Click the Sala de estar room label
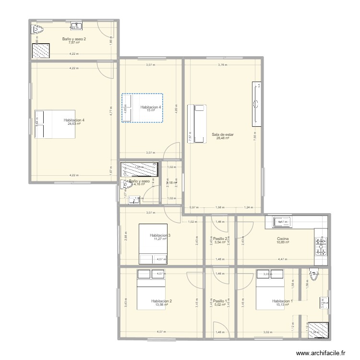click(x=222, y=135)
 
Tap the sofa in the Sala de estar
click(x=197, y=123)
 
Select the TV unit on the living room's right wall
click(x=257, y=104)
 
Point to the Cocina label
click(x=283, y=239)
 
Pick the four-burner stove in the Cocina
click(x=321, y=246)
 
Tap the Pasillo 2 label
click(x=220, y=239)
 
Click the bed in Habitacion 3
click(x=153, y=244)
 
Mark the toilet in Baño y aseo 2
click(x=37, y=30)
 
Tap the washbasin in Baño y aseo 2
click(x=77, y=26)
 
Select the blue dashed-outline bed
click(x=143, y=108)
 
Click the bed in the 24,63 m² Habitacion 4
click(x=55, y=124)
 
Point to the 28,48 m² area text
click(x=222, y=139)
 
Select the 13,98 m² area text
click(x=161, y=305)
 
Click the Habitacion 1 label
click(x=281, y=301)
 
